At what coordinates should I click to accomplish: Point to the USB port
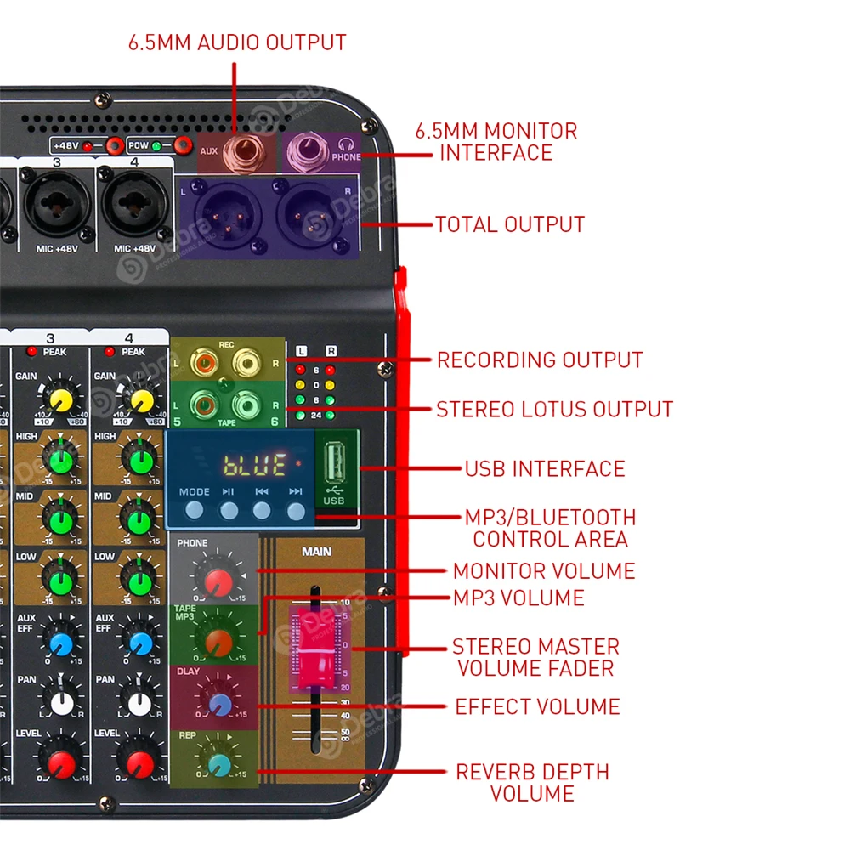point(334,465)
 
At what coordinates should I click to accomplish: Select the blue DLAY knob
point(219,703)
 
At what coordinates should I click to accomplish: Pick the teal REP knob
point(218,763)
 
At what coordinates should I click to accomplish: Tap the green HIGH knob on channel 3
point(61,462)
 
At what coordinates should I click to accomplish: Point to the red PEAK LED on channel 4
point(110,352)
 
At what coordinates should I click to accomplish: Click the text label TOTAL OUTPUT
point(510,224)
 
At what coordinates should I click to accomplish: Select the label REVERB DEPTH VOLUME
point(532,783)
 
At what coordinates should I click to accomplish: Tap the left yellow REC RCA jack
point(204,364)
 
